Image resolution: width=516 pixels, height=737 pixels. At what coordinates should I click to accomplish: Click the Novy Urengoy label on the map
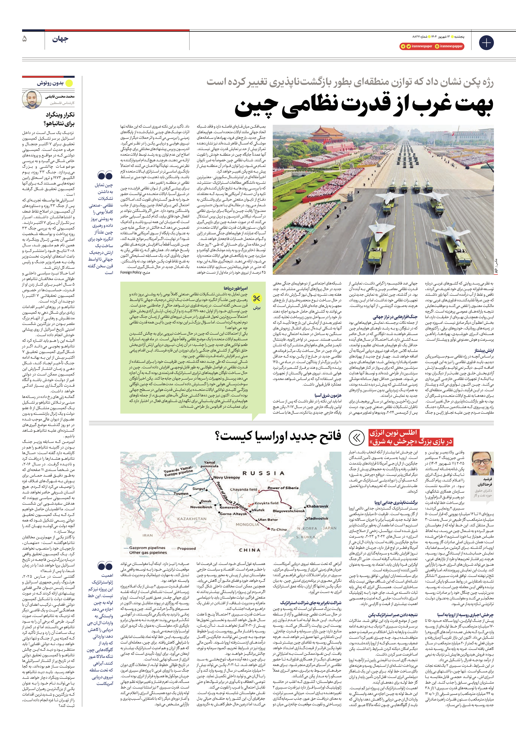pos(226,477)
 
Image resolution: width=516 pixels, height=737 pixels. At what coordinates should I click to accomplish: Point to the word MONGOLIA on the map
pos(247,524)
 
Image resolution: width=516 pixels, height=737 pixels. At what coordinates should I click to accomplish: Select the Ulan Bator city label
pos(268,519)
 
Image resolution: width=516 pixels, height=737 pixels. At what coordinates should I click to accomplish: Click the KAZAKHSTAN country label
pos(192,519)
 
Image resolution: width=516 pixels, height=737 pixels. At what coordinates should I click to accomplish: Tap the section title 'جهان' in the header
pos(60,39)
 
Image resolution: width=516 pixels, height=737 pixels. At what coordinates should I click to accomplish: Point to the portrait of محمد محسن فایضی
pos(32,99)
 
